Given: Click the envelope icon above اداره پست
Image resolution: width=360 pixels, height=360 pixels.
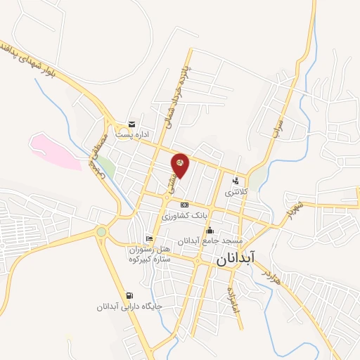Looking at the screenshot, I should tap(131, 124).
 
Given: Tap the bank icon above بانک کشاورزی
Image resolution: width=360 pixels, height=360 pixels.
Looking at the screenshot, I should tap(184, 205).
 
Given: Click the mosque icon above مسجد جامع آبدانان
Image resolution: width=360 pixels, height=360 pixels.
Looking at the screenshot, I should tap(209, 230).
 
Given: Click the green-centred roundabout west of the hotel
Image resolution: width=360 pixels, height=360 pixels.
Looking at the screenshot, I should tap(102, 231).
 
